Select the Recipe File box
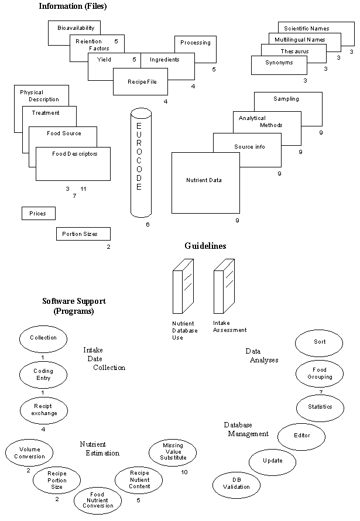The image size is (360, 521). (139, 82)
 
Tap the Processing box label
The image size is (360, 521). (195, 43)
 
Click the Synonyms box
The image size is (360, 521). (279, 63)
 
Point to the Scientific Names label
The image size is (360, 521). (307, 28)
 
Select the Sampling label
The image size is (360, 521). (286, 99)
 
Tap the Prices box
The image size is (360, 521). (37, 214)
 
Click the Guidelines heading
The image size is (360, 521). (205, 246)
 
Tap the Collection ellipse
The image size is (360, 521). (43, 338)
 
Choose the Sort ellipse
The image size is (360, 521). (319, 342)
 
